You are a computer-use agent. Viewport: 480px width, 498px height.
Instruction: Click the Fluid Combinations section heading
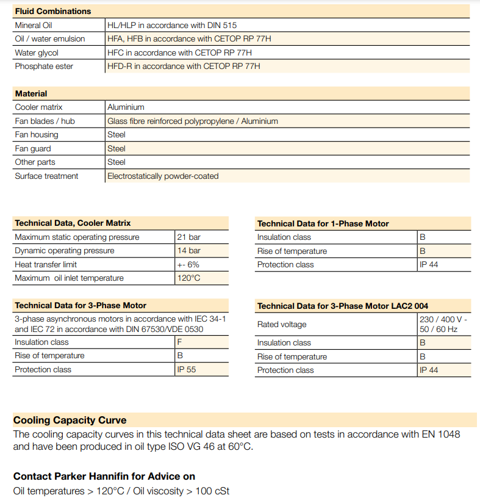[x=52, y=11]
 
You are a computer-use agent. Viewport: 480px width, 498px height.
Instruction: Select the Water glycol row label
[x=37, y=53]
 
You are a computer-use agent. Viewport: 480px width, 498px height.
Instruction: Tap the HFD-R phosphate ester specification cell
[x=184, y=67]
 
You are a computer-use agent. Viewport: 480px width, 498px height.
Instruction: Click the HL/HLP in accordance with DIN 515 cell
[x=172, y=26]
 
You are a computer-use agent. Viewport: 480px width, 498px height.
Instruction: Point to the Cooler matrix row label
[x=38, y=107]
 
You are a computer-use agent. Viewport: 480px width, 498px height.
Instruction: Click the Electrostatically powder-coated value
[x=163, y=176]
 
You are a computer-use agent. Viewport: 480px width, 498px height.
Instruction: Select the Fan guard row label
[x=33, y=149]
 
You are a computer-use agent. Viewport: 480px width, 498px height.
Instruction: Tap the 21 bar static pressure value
[x=188, y=237]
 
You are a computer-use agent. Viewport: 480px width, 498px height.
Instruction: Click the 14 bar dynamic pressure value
[x=188, y=251]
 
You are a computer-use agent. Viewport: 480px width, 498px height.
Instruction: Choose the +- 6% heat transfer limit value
[x=188, y=265]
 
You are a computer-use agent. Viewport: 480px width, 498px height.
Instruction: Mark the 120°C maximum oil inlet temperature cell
[x=188, y=278]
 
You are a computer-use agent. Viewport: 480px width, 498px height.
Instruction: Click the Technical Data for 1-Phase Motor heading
[x=323, y=224]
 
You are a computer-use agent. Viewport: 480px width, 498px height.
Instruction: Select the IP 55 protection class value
[x=186, y=370]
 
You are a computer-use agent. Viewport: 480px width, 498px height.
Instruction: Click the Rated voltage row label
[x=282, y=325]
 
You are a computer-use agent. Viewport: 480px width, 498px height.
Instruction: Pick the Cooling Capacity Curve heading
[x=70, y=420]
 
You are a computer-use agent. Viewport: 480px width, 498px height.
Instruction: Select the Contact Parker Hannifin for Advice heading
[x=104, y=476]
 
